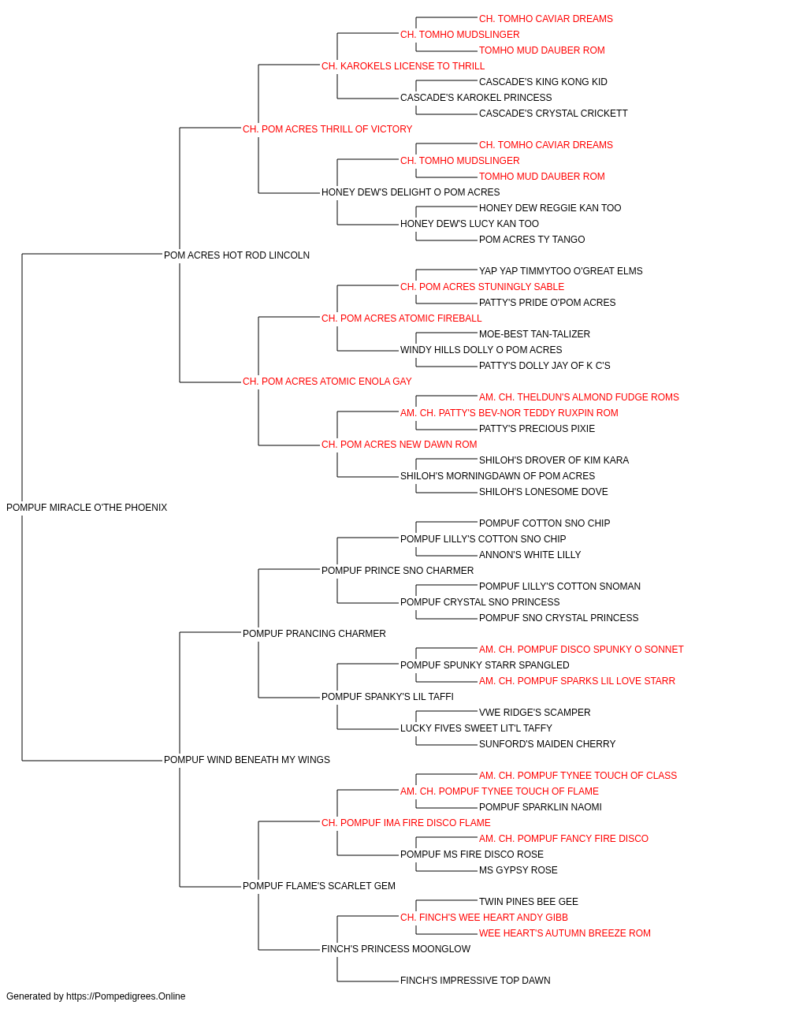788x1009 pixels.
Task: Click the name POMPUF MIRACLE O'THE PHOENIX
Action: (87, 508)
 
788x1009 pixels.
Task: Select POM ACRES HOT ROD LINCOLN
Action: (236, 255)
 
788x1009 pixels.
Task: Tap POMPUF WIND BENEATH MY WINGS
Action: (247, 760)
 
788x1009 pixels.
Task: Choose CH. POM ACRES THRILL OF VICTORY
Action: (328, 129)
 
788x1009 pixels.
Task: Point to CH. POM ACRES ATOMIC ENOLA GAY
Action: (327, 382)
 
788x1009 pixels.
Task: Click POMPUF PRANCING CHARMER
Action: (314, 634)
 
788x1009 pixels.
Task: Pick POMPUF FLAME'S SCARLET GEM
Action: (319, 886)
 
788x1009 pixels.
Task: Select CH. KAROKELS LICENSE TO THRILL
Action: (403, 66)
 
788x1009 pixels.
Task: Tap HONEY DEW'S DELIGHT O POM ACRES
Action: (411, 192)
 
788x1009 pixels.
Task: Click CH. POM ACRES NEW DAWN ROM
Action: (400, 445)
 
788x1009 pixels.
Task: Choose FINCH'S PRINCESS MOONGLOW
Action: (396, 949)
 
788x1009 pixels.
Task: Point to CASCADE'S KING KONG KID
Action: (544, 82)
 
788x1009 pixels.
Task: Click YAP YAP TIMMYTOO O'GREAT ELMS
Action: (561, 271)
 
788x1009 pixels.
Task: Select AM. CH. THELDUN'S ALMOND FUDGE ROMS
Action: (579, 397)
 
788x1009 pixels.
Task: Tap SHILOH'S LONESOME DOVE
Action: (544, 492)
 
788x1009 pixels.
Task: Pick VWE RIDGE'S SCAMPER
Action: (535, 713)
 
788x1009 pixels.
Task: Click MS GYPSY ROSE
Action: (519, 870)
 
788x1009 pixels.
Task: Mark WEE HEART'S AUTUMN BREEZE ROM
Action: (565, 933)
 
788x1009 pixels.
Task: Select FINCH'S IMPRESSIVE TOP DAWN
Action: (476, 981)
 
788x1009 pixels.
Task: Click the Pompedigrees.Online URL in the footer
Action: (126, 996)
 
